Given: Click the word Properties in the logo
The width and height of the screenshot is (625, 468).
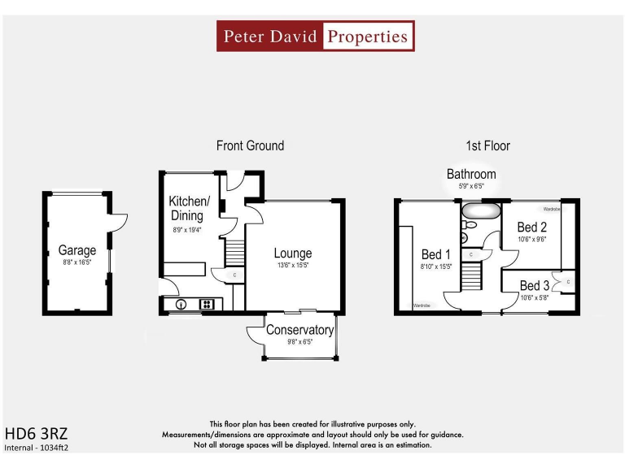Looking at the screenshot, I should point(367,37).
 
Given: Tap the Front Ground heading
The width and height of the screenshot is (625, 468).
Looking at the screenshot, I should point(250,145).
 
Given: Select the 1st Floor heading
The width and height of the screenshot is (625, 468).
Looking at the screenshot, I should point(487,145).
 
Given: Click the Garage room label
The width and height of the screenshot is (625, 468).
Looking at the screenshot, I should point(77,250).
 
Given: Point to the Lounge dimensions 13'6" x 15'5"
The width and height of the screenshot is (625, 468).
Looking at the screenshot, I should point(292,266).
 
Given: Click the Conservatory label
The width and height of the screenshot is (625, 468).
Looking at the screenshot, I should point(299,330).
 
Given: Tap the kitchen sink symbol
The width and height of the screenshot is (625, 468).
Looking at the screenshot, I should point(181,305).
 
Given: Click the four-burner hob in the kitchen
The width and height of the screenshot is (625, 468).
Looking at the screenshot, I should point(207,305).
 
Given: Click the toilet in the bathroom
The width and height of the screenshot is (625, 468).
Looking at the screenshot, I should point(464,237).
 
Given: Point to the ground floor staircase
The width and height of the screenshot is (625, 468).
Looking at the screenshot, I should point(234,251).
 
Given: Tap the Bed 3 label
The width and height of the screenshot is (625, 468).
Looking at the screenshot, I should point(534,285).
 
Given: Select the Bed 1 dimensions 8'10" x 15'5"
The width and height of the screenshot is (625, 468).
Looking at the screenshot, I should point(436,266).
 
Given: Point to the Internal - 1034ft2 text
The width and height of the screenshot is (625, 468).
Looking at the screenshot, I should point(37,447).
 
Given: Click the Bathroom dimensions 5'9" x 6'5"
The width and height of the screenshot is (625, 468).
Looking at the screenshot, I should point(470,186).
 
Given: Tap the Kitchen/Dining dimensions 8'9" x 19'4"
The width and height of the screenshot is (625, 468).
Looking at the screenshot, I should point(189,230).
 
